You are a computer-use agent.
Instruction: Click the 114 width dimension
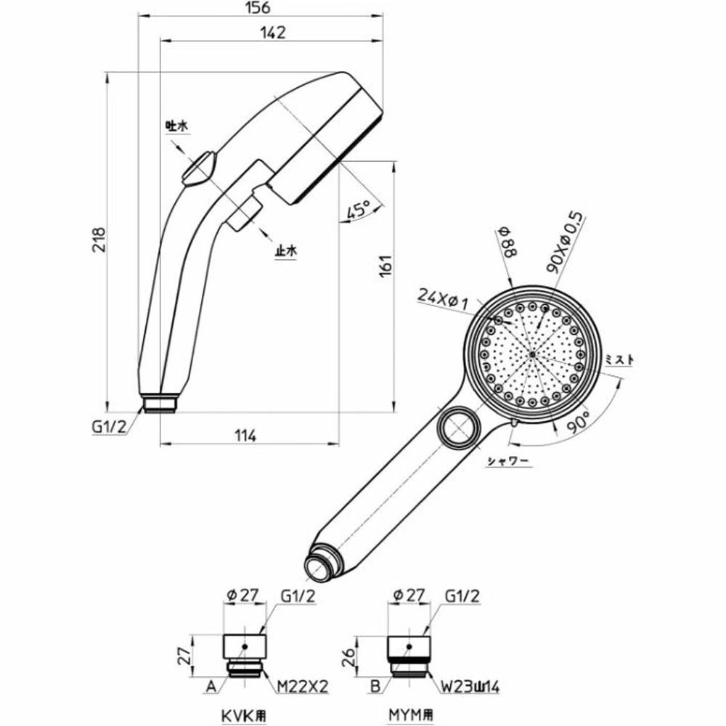(247, 436)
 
